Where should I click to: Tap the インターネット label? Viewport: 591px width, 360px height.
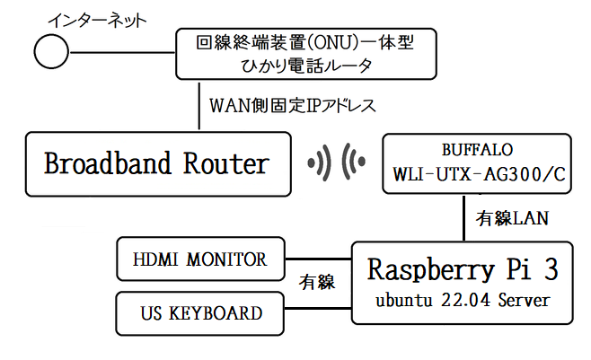97,20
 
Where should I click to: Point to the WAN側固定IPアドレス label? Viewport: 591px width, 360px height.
293,105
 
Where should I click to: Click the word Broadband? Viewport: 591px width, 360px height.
108,163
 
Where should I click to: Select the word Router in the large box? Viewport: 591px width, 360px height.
226,163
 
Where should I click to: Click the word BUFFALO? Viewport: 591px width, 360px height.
477,150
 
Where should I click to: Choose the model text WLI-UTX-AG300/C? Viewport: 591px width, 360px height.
479,174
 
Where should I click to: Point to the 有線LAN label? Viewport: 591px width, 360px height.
512,218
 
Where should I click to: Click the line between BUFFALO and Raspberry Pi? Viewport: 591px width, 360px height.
463,217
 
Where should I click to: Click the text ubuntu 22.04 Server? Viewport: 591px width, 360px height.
463,300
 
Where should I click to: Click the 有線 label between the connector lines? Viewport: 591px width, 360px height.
316,283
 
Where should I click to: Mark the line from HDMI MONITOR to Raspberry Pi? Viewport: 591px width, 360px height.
319,259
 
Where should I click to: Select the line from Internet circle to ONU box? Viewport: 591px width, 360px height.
122,52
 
